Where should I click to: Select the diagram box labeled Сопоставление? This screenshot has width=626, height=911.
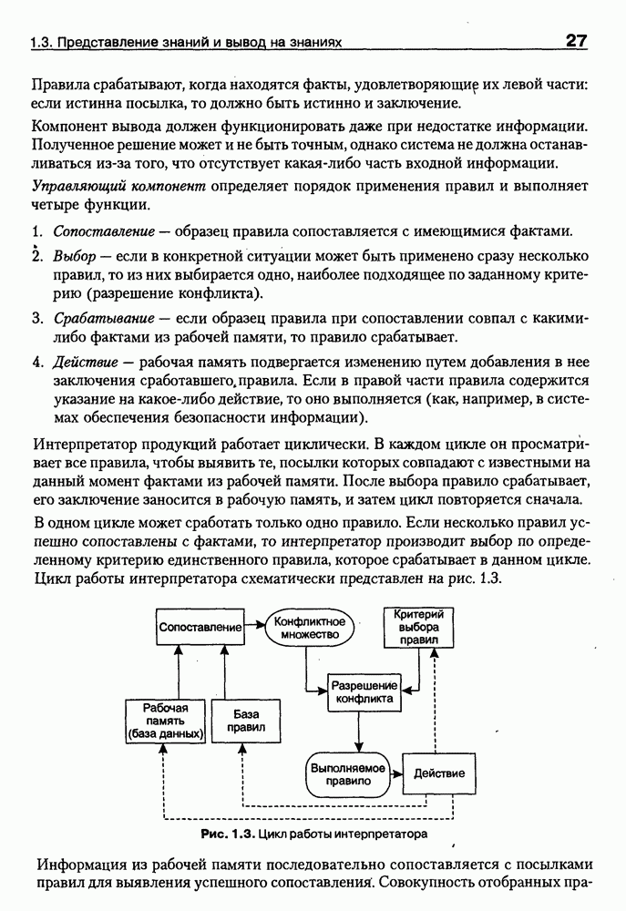pos(200,628)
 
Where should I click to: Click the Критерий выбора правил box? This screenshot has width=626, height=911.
pos(417,628)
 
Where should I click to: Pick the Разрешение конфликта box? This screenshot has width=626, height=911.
pos(364,691)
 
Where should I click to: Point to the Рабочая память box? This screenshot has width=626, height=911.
pos(165,721)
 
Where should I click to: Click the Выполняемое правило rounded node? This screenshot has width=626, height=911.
pos(346,773)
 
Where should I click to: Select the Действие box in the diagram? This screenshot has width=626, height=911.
pos(439,773)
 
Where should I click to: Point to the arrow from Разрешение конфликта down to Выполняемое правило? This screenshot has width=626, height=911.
pos(360,731)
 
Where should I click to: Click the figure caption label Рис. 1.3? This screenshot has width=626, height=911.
pos(228,834)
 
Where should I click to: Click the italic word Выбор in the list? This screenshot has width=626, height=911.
pos(73,257)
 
